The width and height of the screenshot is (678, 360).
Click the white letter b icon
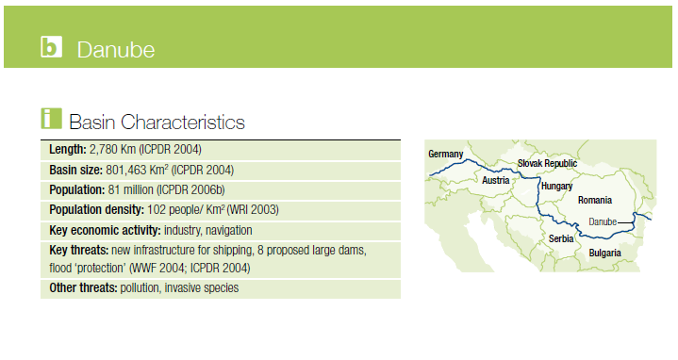tap(52, 47)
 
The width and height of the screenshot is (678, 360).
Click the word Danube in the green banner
tap(116, 50)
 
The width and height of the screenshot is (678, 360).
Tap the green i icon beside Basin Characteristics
tap(52, 119)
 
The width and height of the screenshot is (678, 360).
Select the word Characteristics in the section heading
tap(183, 122)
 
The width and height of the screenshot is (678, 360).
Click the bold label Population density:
tap(96, 210)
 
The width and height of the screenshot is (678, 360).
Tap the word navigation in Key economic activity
tap(229, 230)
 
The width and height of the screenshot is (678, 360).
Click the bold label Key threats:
tap(78, 251)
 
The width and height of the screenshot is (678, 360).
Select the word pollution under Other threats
tap(140, 288)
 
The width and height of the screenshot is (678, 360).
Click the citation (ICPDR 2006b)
tap(190, 190)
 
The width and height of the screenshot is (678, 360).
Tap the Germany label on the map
tap(445, 154)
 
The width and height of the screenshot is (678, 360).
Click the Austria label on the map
tap(495, 180)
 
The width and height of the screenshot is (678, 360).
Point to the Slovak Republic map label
tap(547, 163)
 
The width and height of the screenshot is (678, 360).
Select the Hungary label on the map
tap(557, 187)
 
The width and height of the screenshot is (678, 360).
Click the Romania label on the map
tap(595, 200)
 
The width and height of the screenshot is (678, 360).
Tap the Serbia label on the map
tap(561, 238)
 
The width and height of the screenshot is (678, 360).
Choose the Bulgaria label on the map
tap(604, 253)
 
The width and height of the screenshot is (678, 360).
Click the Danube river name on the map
tap(603, 221)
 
